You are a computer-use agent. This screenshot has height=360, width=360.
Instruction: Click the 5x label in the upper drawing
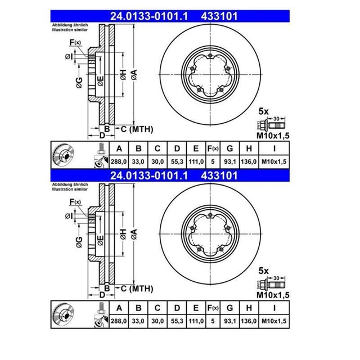tap(263, 110)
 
